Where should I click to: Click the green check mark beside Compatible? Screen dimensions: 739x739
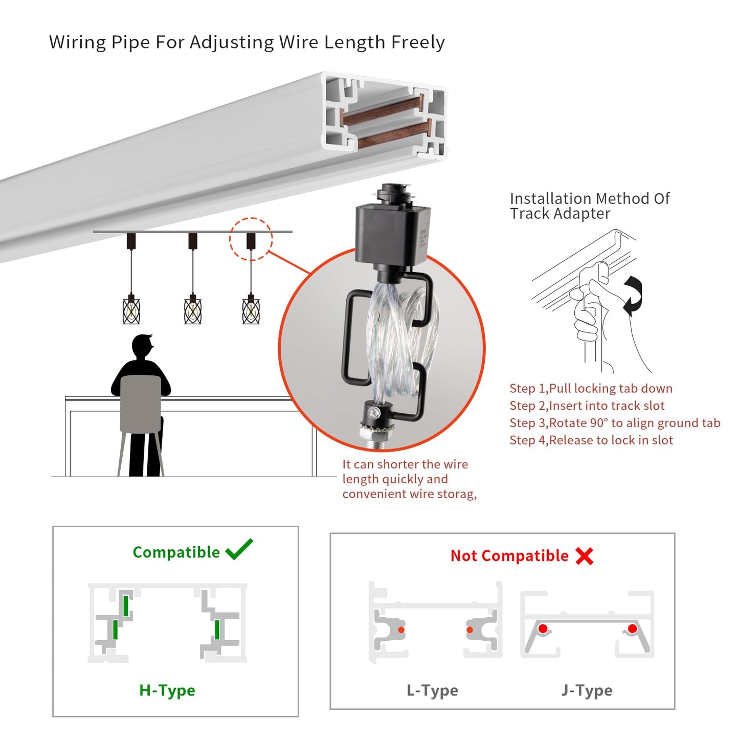239,549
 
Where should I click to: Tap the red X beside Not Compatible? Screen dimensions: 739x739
584,556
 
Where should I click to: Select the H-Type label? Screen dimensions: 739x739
167,690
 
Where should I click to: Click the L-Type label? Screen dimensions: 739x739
432,690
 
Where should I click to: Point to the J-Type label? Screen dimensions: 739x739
587,690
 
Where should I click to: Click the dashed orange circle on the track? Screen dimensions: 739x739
251,239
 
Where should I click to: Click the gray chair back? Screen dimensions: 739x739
140,404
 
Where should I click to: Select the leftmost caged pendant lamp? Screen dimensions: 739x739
131,309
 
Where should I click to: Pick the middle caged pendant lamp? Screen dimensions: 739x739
193,309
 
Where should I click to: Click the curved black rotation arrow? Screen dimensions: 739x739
634,294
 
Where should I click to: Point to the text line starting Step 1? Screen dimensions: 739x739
591,389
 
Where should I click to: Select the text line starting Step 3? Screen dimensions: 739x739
615,423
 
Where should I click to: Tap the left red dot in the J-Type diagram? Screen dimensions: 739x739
543,629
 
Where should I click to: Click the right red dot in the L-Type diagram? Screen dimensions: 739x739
469,630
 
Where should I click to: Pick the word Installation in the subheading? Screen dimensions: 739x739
550,198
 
